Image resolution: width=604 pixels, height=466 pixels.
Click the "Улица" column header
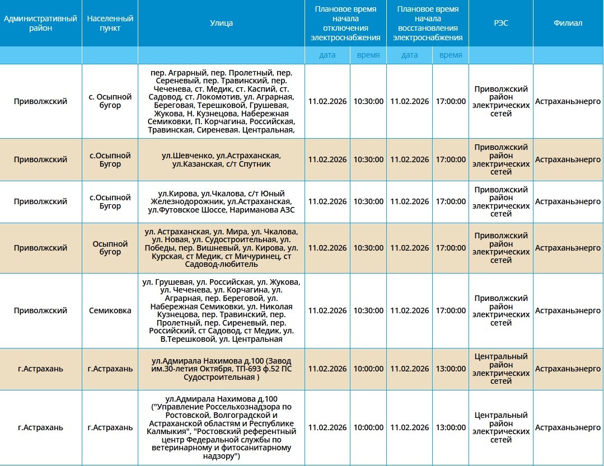click(x=221, y=23)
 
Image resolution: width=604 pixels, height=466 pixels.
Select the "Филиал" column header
click(x=568, y=23)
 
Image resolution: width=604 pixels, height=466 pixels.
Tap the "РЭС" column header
click(x=500, y=23)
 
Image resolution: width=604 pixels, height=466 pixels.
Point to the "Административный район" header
click(x=40, y=23)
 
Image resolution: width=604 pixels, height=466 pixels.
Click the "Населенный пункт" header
click(x=110, y=23)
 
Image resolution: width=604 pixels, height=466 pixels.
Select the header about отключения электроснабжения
click(x=345, y=23)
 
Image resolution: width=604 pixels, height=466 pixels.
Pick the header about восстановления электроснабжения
click(x=428, y=23)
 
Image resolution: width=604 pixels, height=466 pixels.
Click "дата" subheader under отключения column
click(x=327, y=55)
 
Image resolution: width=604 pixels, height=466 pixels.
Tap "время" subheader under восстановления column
click(x=451, y=55)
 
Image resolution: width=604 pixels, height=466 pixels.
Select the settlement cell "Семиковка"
click(x=110, y=310)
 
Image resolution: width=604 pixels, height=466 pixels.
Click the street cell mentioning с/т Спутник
click(x=221, y=159)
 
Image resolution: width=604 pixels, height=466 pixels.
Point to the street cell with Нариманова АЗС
click(x=221, y=201)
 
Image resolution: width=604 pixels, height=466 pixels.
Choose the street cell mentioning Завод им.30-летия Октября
click(x=221, y=369)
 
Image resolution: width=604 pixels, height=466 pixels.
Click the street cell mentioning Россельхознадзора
click(x=221, y=427)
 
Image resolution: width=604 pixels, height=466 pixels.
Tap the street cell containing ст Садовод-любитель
click(x=221, y=248)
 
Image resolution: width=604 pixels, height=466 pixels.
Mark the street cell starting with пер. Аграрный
click(x=221, y=101)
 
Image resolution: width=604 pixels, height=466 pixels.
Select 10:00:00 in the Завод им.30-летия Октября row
click(x=368, y=369)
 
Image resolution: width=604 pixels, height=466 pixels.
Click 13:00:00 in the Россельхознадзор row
click(x=451, y=427)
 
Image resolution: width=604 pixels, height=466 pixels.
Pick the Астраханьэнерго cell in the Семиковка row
click(x=568, y=310)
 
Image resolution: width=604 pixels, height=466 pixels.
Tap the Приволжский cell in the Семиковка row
click(x=40, y=310)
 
